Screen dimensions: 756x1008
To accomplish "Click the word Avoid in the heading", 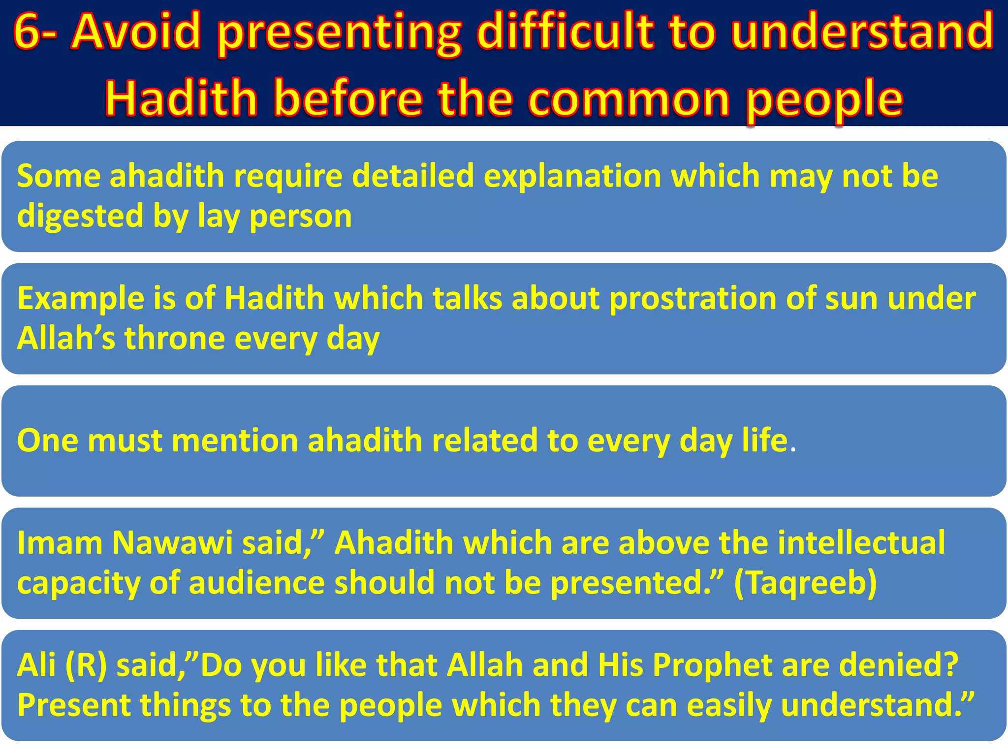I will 136,32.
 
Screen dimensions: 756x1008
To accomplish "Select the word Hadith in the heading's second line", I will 181,98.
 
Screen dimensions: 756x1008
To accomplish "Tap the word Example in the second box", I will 80,299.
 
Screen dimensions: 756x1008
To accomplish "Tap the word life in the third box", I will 765,441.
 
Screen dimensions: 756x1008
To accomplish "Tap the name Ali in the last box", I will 36,665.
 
